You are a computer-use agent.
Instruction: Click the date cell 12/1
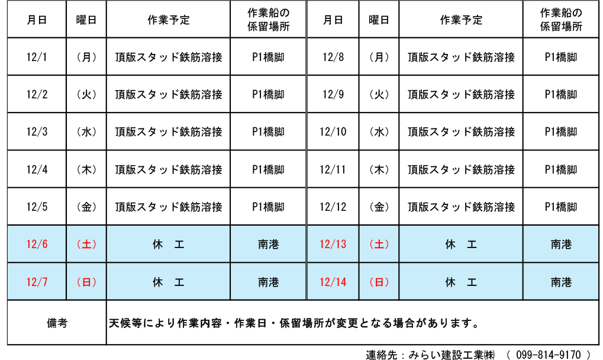[37, 57]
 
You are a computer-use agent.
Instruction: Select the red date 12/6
[37, 244]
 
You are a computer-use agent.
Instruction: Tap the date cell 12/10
[333, 132]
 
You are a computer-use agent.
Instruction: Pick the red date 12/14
[333, 282]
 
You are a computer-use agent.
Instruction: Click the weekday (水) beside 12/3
[86, 132]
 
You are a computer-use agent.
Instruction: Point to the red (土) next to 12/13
[379, 244]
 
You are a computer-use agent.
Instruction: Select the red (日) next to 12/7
[86, 282]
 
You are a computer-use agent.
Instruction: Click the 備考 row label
[57, 323]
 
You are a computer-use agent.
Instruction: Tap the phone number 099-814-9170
[549, 354]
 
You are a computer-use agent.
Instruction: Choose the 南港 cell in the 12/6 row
[269, 244]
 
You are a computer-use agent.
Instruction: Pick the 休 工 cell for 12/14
[461, 282]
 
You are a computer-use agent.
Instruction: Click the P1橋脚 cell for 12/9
[561, 95]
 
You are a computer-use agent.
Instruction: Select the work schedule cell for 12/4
[169, 169]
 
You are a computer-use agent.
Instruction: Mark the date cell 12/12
[333, 207]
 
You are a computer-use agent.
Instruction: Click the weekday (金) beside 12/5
[86, 207]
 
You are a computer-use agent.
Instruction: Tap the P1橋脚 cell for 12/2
[269, 95]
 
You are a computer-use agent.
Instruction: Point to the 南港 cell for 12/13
[561, 244]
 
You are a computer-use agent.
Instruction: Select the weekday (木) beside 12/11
[379, 169]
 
